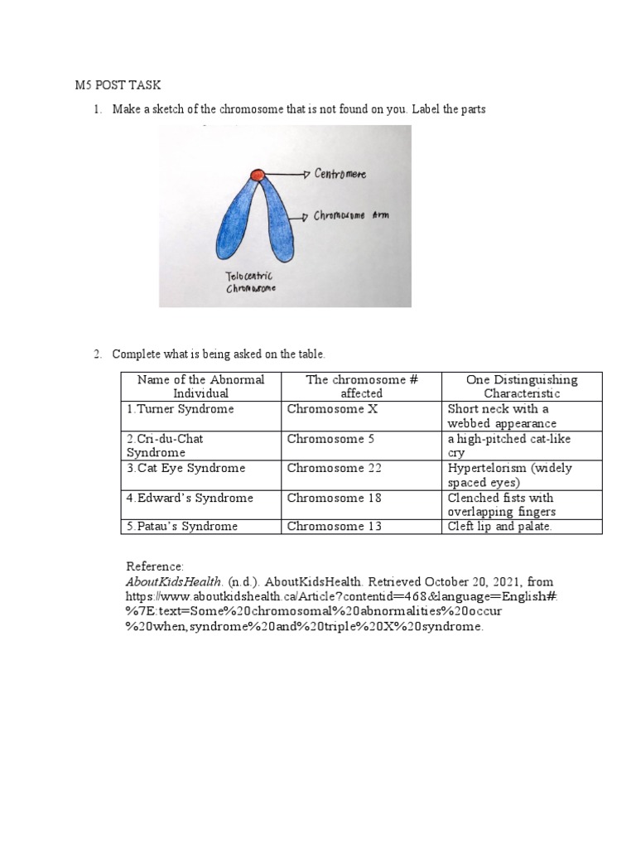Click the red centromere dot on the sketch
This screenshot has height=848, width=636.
coord(258,175)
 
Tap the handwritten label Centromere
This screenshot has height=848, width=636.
coord(340,175)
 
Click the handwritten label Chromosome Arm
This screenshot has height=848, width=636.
coord(351,216)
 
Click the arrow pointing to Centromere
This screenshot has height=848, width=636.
coord(288,174)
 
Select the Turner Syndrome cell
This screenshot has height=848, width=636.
coord(180,409)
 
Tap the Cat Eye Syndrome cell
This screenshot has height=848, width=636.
coord(186,468)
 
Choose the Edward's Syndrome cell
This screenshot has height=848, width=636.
coord(190,498)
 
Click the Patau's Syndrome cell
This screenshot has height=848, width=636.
coord(182,526)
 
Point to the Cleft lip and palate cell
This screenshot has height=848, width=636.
coord(499,526)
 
